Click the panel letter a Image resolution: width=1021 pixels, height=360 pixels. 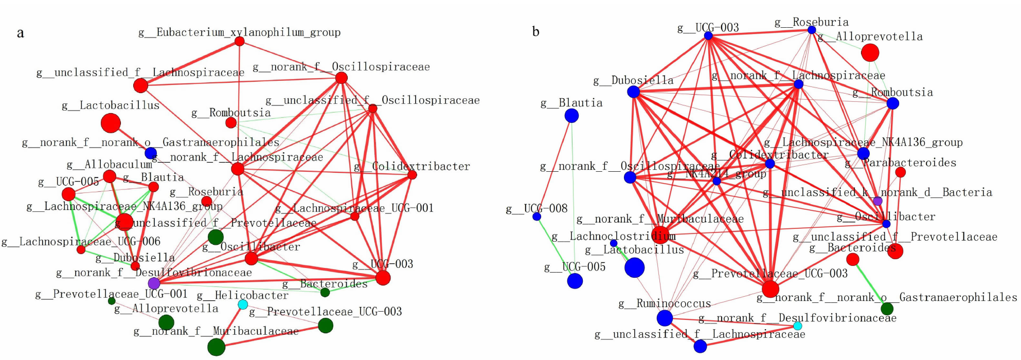point(20,33)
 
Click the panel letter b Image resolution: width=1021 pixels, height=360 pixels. point(535,32)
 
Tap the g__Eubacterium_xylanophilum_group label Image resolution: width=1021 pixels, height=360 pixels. point(239,32)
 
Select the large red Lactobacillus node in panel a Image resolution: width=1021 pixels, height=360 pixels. point(111,123)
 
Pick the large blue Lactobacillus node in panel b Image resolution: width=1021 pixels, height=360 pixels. point(634,267)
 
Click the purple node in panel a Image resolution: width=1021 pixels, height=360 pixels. point(154,283)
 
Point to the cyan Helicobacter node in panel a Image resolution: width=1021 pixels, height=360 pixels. point(243,304)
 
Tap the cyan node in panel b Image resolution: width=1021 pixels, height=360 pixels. point(798,326)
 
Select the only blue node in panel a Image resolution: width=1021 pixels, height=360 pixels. point(151,153)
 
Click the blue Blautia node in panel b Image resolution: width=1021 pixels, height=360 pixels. point(571,116)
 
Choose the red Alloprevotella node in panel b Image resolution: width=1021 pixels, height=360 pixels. point(870,52)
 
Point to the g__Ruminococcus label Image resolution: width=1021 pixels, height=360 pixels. point(665,303)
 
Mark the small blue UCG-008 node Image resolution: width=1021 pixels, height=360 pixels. point(536,217)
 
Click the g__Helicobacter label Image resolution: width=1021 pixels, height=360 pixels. point(242,295)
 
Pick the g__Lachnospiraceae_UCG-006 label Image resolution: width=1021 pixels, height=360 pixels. point(81,241)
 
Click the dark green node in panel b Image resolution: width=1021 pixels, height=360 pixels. point(887,309)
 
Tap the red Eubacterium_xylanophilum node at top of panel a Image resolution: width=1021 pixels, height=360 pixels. point(239,41)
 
